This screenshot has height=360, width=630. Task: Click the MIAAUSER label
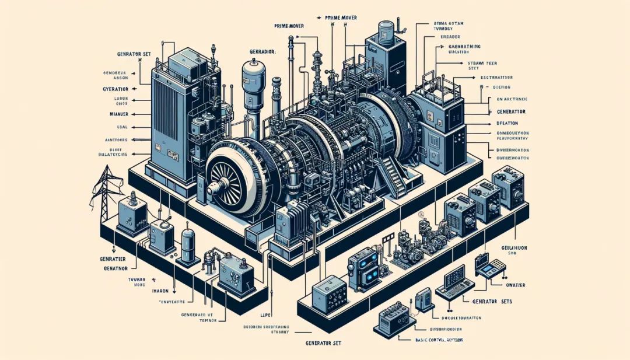click(120, 113)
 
